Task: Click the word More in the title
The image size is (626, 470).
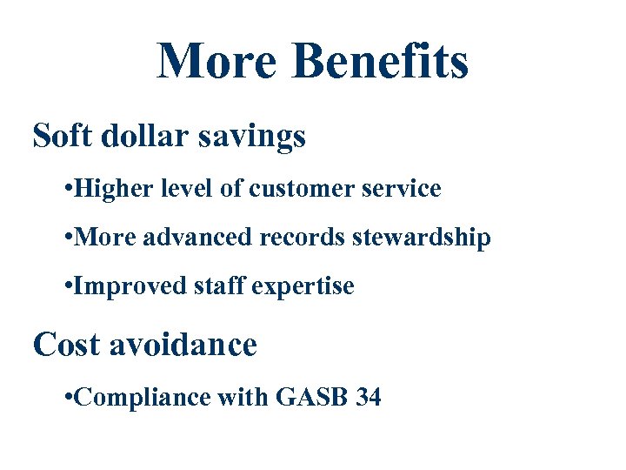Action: (x=217, y=61)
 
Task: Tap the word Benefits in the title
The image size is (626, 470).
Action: (x=381, y=61)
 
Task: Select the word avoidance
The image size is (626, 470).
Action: (x=183, y=345)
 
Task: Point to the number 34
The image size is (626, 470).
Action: (x=369, y=398)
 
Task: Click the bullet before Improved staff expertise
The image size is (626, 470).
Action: (x=69, y=286)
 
